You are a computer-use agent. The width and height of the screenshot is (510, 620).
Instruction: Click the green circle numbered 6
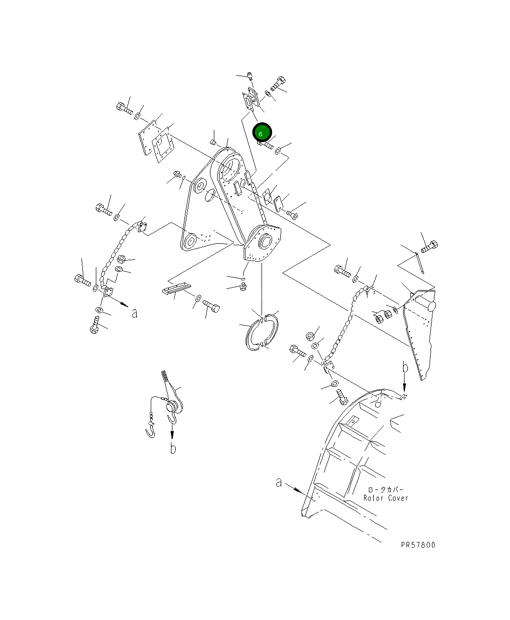[x=262, y=132]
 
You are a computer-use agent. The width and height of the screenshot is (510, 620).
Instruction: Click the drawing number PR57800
[x=418, y=545]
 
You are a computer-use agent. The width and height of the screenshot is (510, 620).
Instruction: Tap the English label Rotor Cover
[x=385, y=498]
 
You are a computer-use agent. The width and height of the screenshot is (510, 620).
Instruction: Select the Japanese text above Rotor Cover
[x=385, y=489]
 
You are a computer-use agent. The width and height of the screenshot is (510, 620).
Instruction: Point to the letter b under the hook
[x=173, y=449]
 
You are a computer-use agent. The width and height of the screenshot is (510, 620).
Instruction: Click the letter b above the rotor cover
[x=405, y=369]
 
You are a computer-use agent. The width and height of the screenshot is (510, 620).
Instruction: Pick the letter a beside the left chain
[x=135, y=313]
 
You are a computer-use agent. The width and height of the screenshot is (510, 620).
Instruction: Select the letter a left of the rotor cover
[x=279, y=482]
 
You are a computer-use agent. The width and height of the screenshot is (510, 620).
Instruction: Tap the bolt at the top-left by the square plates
[x=124, y=108]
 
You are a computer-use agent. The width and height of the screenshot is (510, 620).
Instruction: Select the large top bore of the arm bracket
[x=230, y=169]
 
